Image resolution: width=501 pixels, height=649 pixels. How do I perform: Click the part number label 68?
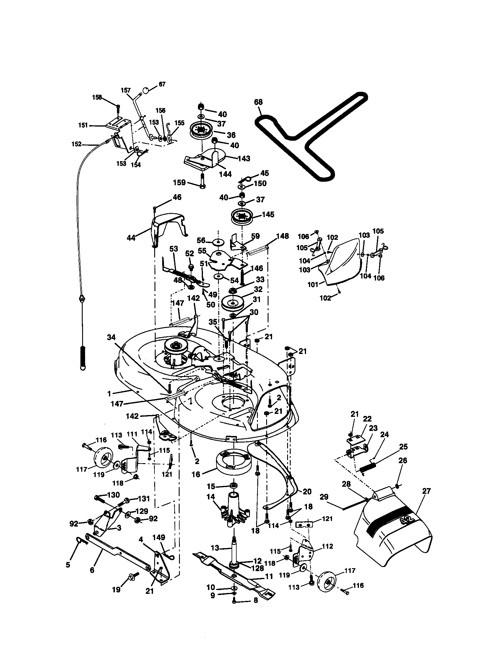tap(258, 102)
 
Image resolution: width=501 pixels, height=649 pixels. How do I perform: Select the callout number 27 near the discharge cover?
tap(426, 491)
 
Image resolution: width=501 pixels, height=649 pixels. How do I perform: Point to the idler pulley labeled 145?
tap(242, 217)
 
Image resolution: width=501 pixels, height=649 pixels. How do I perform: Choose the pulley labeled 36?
tap(201, 132)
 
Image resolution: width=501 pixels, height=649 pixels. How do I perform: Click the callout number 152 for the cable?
tap(77, 144)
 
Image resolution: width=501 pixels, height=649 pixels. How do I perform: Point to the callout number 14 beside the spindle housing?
tap(211, 496)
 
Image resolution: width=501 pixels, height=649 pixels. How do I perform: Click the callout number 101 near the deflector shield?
tap(313, 284)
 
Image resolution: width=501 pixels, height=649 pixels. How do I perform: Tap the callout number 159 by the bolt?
tap(179, 182)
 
